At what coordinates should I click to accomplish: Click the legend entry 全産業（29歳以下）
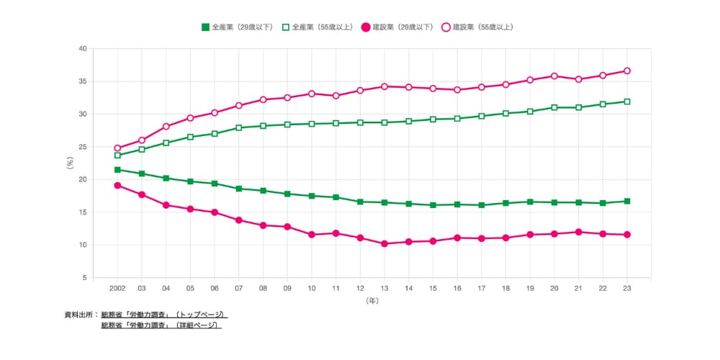coord(238,27)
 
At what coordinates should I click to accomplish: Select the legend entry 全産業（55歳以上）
coord(318,27)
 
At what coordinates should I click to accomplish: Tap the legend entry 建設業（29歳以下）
coord(397,27)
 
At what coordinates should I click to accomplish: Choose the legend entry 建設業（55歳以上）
coord(477,27)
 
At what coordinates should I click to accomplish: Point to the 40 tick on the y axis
coord(83,49)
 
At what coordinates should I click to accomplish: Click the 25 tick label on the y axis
coord(83,147)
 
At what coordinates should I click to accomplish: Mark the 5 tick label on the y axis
coord(85,278)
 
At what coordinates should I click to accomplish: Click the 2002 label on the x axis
coord(117,289)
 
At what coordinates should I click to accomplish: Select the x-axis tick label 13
coord(384,289)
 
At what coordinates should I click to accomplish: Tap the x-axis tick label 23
coord(627,289)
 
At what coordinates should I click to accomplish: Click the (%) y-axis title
coord(70,163)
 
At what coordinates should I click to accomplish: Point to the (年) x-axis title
coord(372,301)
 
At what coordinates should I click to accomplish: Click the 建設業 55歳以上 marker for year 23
coord(627,71)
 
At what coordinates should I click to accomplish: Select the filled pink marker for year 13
coord(384,244)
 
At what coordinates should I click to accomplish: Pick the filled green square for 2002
coord(117,170)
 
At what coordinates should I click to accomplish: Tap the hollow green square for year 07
coord(239,127)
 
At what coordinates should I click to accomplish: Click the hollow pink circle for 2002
coord(117,148)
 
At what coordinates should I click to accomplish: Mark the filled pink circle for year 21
coord(579,232)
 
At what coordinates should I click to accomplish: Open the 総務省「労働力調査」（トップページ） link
coord(164,315)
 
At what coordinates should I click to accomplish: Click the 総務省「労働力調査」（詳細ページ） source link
coord(161,325)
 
